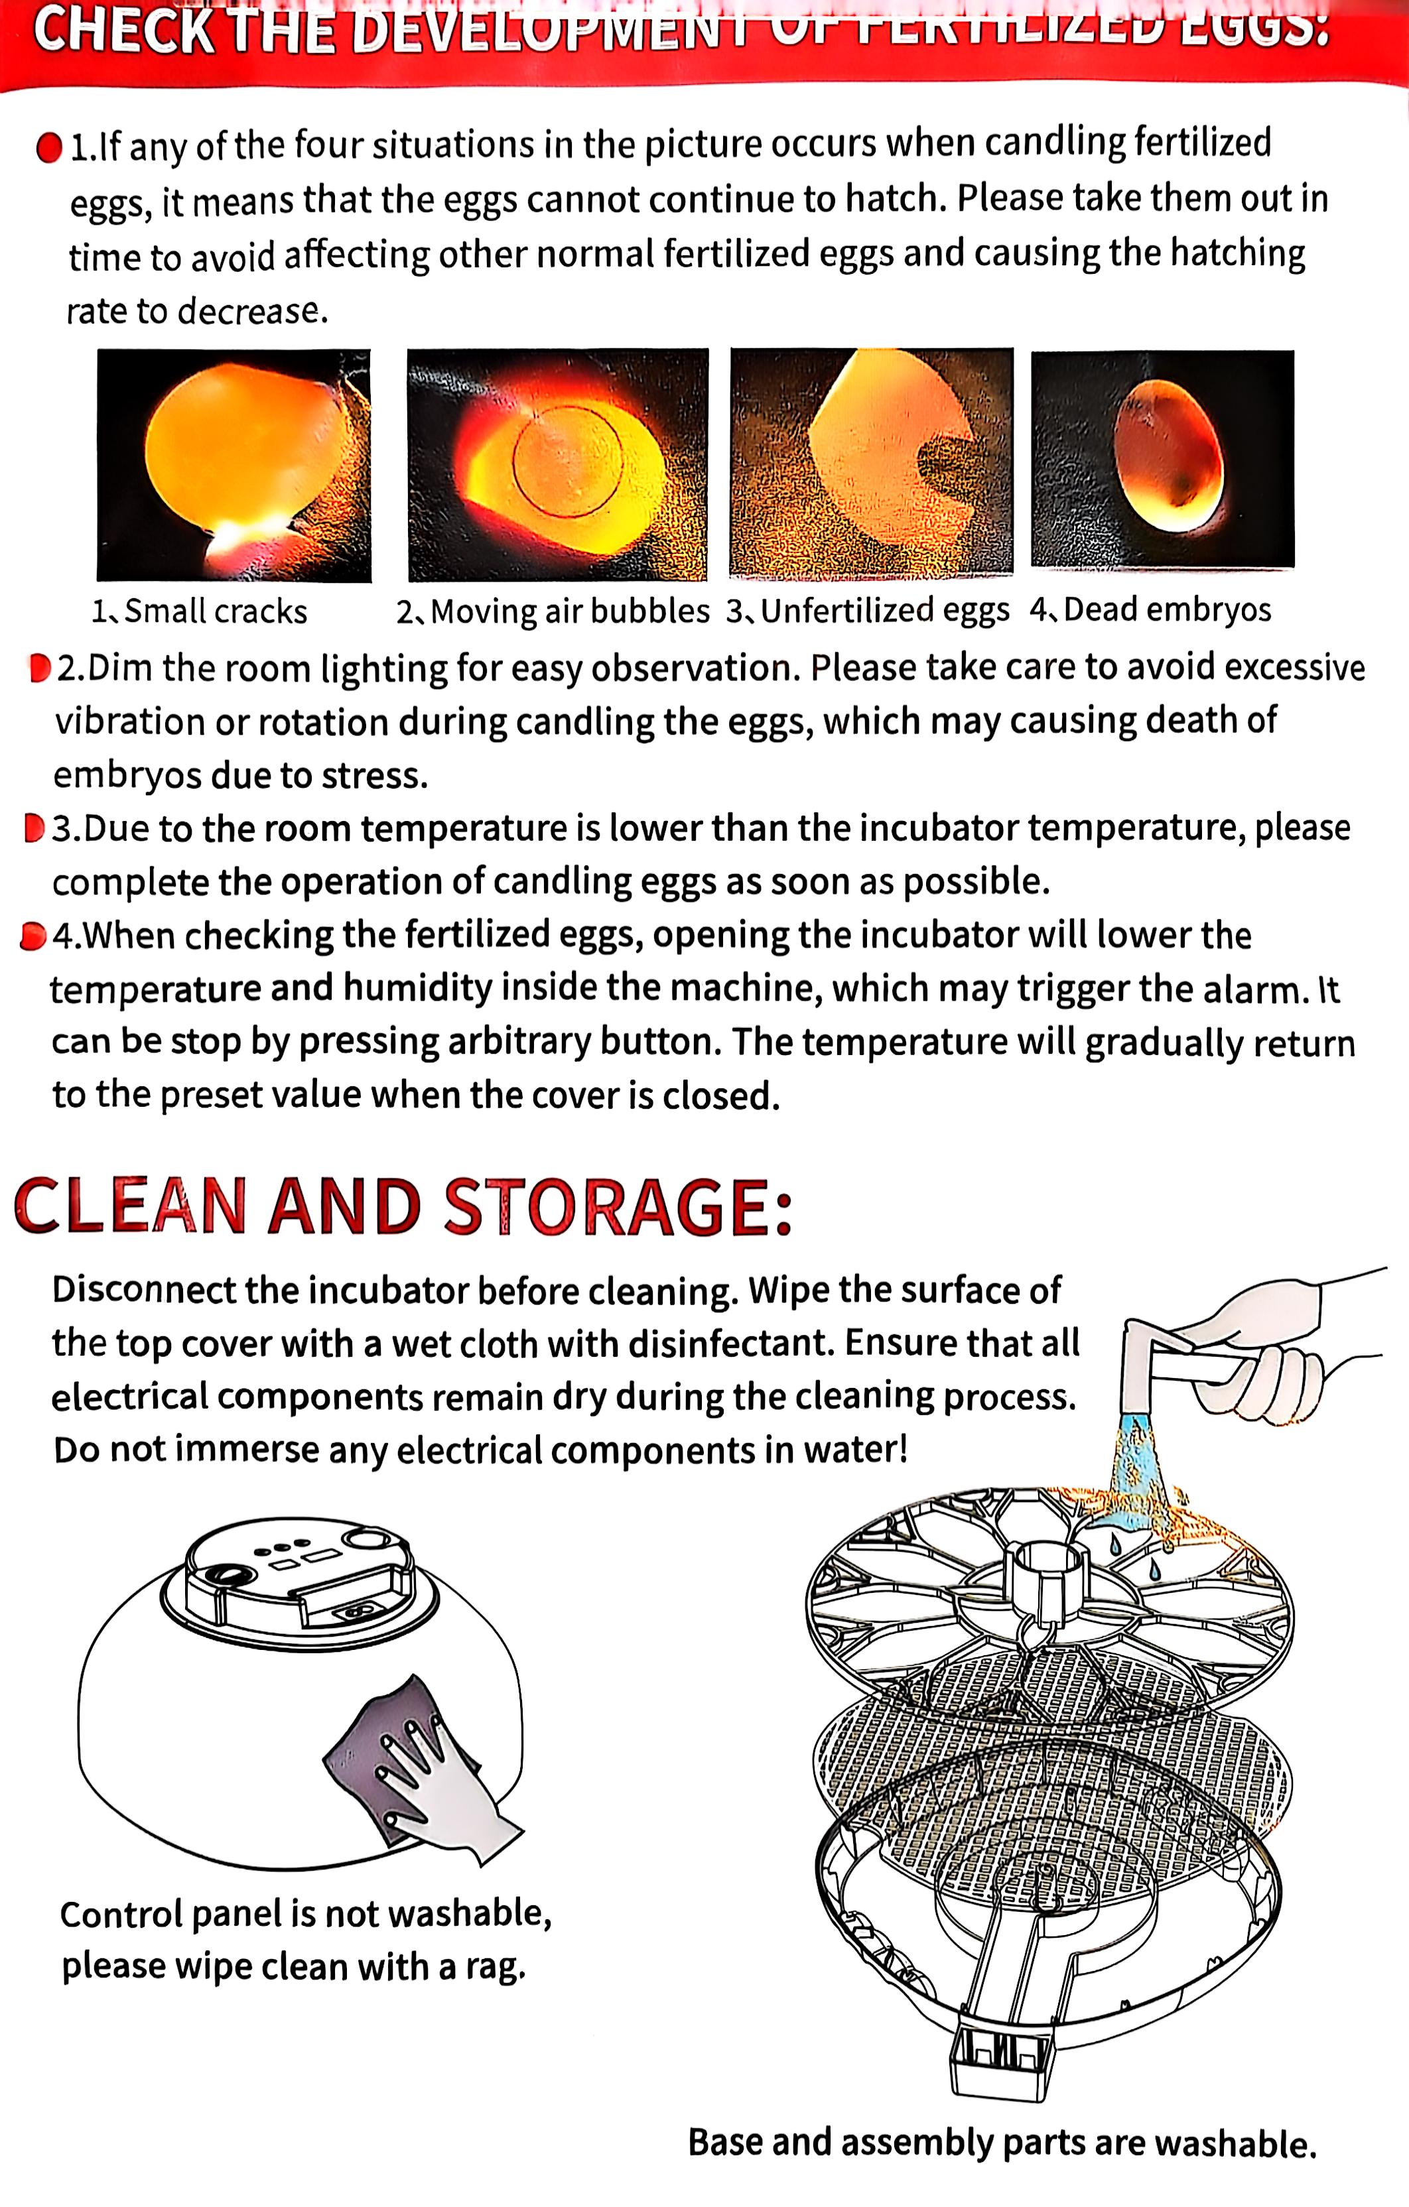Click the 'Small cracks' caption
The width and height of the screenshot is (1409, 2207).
pos(200,611)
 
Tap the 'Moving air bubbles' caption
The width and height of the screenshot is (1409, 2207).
pos(553,611)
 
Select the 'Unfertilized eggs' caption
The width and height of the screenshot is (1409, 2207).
pos(868,610)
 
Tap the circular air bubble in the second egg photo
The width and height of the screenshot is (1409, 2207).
pos(567,461)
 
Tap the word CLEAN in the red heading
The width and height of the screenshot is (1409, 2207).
pos(130,1207)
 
